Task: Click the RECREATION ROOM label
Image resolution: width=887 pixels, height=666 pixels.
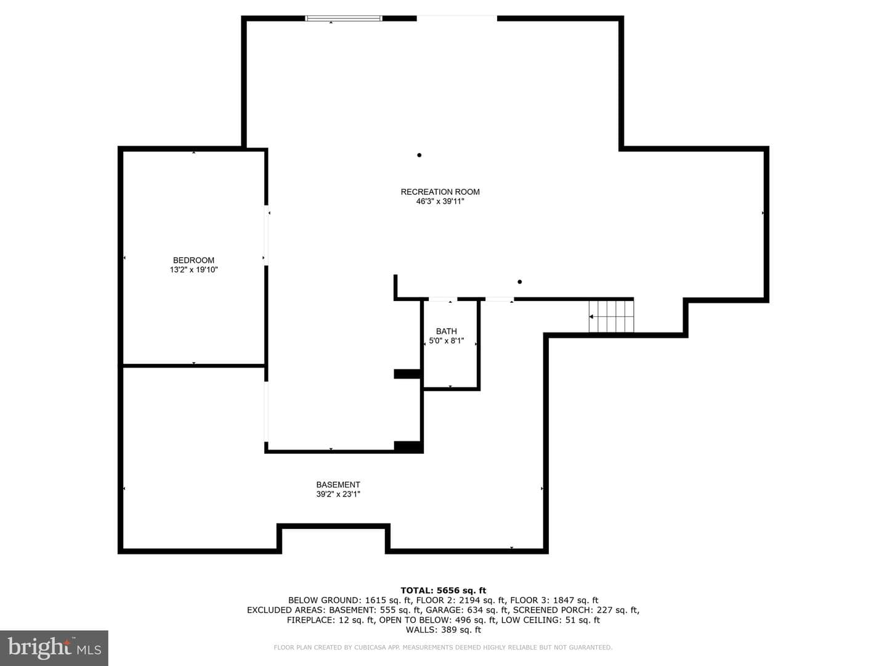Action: [x=440, y=192]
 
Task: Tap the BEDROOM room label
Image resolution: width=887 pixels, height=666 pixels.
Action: [x=193, y=260]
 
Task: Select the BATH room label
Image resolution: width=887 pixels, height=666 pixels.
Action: [x=446, y=331]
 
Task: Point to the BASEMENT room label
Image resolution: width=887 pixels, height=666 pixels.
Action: [x=338, y=485]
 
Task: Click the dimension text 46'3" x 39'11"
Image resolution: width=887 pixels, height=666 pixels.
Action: [x=440, y=202]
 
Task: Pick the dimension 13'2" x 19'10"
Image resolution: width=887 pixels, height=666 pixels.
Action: [x=193, y=269]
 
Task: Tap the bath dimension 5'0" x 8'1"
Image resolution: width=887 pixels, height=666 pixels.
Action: [x=446, y=341]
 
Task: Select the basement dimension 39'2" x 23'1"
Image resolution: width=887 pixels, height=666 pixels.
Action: [x=338, y=494]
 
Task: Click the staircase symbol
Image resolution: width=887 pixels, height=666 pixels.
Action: [x=611, y=316]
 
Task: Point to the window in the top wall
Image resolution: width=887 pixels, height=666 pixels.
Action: [x=344, y=18]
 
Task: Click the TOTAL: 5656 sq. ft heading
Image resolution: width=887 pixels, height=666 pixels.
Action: [x=443, y=591]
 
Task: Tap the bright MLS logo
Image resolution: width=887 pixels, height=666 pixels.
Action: [x=54, y=647]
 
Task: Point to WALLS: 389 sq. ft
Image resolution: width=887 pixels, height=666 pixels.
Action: [x=443, y=630]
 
